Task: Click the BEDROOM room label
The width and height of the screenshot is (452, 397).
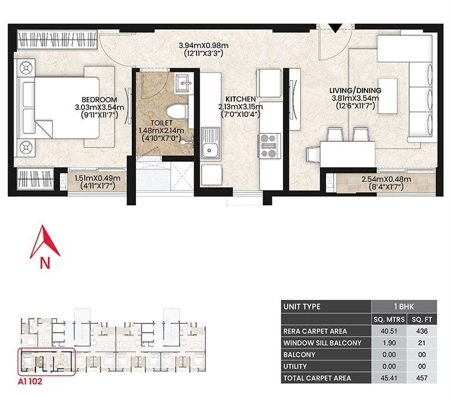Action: tap(99, 99)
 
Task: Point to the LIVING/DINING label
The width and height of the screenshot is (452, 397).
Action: tap(355, 90)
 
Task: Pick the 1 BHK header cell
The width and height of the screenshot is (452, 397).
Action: tap(404, 307)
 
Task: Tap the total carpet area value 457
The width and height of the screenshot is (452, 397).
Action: tap(421, 378)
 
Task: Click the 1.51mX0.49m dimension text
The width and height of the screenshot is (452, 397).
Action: tap(98, 178)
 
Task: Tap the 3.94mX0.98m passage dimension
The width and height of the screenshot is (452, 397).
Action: tap(202, 45)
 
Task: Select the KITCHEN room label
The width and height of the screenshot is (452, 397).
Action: tap(240, 99)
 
